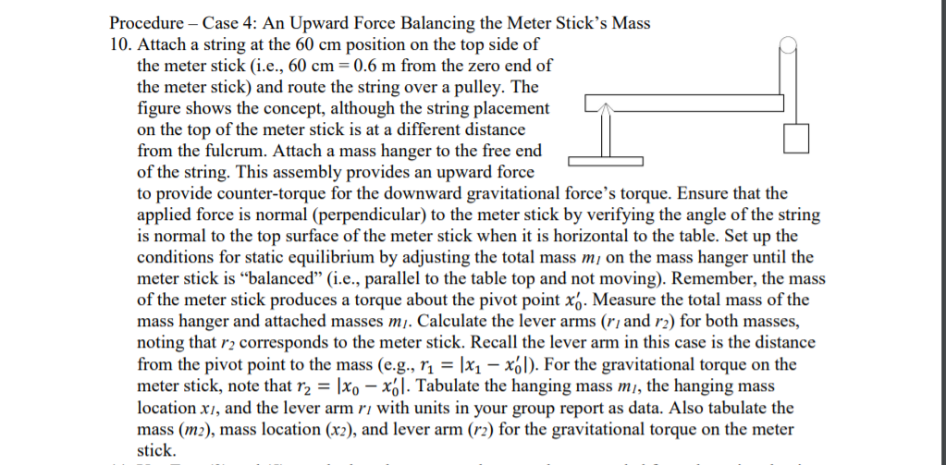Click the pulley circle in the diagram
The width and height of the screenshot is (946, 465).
(788, 43)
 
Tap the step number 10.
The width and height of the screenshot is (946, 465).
(119, 43)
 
